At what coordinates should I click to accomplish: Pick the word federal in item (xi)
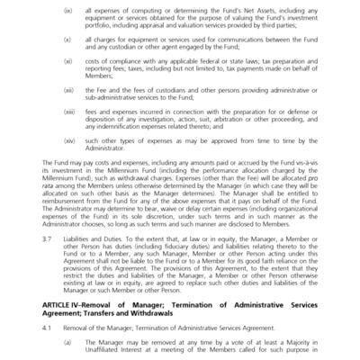click(x=206, y=62)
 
